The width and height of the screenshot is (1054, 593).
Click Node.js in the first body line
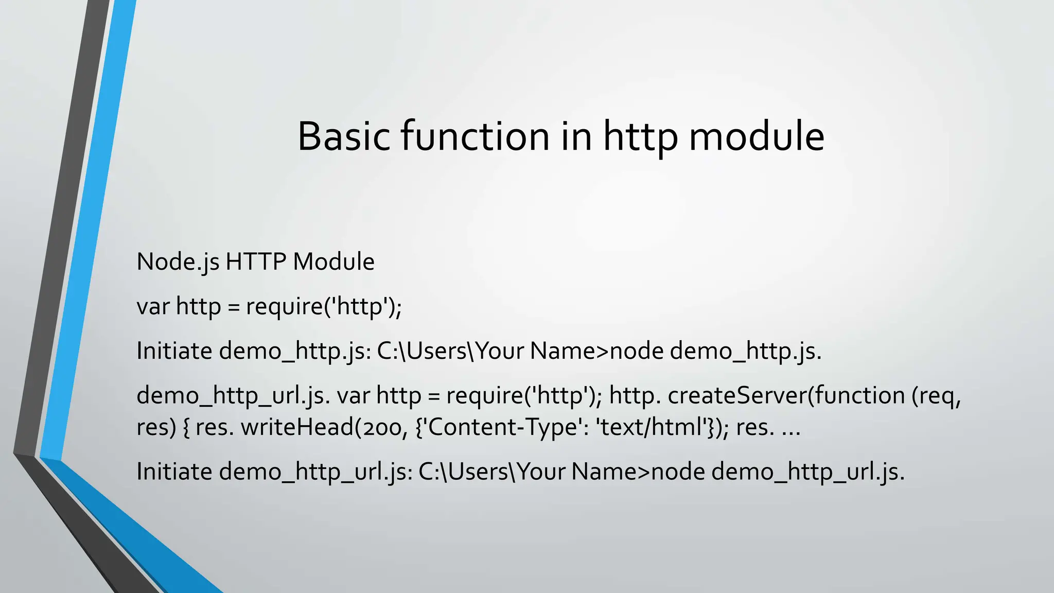coord(178,262)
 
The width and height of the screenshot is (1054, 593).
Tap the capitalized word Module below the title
coord(333,261)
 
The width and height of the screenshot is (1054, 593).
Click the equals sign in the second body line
coord(234,307)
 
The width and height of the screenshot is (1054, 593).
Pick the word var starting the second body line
coord(153,306)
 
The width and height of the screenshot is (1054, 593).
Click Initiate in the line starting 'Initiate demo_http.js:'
coord(174,351)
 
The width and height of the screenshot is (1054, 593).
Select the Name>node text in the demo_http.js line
coord(596,351)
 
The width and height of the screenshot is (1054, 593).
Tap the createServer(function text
coord(786,395)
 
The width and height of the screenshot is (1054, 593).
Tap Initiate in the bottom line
coord(174,471)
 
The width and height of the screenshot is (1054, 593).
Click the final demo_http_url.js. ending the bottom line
coord(808,472)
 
